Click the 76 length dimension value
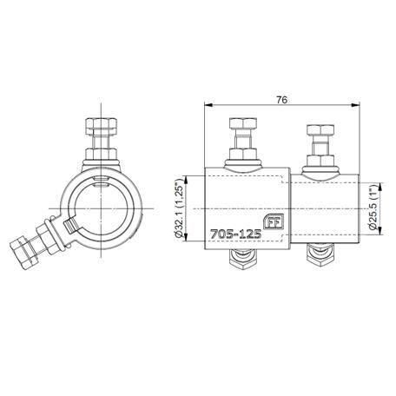tap(281, 100)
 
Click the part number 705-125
tap(236, 234)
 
